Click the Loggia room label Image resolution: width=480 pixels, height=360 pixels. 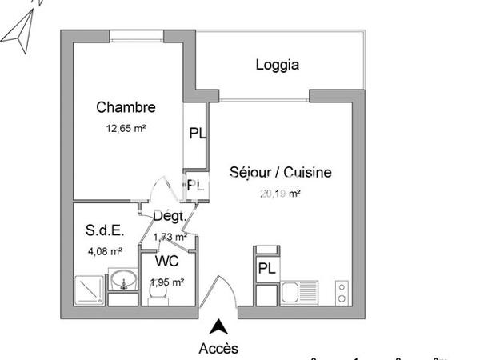point(278,65)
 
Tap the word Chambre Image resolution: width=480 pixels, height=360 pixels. point(126,107)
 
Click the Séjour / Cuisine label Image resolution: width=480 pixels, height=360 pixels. point(280,172)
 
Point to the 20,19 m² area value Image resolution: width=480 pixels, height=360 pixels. point(280,193)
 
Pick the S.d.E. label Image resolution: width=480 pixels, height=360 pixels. point(105,231)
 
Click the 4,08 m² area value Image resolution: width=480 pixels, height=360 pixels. point(105,251)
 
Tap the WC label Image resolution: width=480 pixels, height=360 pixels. point(166,262)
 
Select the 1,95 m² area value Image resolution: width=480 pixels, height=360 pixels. point(167,282)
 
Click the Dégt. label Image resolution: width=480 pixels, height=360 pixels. point(170,216)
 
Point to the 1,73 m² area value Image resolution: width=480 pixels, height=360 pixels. point(170,236)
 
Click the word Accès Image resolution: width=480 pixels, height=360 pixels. point(218,348)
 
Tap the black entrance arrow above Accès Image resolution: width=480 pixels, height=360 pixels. point(218,326)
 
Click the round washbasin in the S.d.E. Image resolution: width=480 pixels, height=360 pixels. point(123,281)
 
